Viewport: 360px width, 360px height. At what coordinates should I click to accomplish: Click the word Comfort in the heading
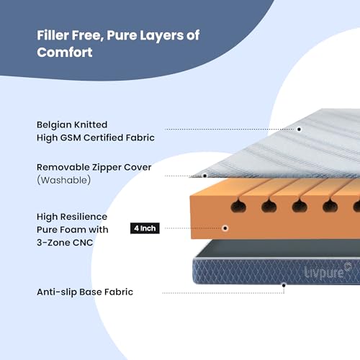(x=65, y=53)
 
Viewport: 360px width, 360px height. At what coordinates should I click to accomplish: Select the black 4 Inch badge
(x=145, y=228)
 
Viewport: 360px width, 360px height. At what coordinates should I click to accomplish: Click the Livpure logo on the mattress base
(x=328, y=271)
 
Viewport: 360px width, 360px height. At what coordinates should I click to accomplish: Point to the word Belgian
(x=54, y=125)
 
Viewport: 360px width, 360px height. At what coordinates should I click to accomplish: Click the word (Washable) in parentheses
(x=63, y=180)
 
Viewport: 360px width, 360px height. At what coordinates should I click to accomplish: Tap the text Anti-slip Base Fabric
(x=85, y=292)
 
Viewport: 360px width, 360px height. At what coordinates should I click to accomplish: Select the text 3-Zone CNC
(x=65, y=243)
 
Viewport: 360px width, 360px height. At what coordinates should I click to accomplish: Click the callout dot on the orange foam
(x=225, y=228)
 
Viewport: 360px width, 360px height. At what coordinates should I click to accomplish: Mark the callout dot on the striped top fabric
(x=299, y=130)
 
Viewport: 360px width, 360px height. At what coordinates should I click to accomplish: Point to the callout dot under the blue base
(x=284, y=285)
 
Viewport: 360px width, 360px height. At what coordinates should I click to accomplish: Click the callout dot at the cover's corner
(x=204, y=176)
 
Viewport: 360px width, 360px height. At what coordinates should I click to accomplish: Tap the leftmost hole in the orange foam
(x=238, y=206)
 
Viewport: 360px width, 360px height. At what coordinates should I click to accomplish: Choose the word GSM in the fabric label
(x=71, y=138)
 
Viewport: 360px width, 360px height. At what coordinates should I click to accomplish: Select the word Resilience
(x=84, y=217)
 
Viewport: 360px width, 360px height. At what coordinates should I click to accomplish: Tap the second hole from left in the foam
(x=269, y=206)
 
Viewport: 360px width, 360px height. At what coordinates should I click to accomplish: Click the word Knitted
(x=91, y=125)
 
